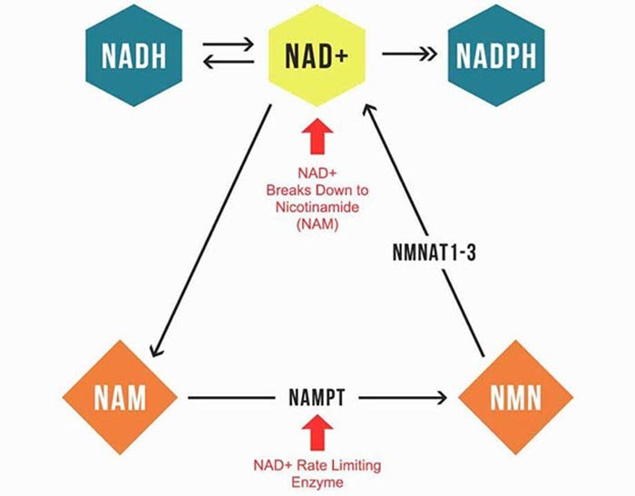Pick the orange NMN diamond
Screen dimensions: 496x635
tap(515, 397)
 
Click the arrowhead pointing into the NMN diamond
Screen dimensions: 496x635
tap(444, 397)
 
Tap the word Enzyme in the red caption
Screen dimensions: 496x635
tap(317, 482)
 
